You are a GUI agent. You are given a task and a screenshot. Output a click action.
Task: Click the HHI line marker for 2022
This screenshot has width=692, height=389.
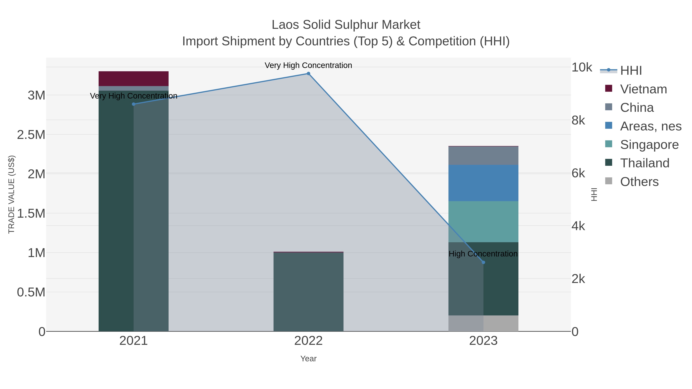coord(308,74)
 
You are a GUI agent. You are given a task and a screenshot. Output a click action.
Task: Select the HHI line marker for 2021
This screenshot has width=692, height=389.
coord(134,104)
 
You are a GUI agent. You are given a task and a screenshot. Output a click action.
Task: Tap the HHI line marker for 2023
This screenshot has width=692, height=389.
coord(483,262)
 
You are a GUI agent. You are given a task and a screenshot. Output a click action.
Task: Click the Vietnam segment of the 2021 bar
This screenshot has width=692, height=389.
coord(134,79)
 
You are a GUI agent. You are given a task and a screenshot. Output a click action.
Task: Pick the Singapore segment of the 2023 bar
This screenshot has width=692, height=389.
coord(483,221)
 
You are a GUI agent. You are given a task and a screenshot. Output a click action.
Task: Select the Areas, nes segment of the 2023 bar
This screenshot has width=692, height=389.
coord(483,183)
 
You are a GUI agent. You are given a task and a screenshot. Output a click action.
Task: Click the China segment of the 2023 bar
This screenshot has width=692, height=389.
coord(483,156)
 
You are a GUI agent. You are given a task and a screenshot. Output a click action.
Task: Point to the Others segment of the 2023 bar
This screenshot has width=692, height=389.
coord(483,323)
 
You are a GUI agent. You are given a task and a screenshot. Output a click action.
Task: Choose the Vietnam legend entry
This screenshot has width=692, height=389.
coord(643,89)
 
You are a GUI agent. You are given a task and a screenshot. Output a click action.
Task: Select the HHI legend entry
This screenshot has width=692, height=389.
coord(631,71)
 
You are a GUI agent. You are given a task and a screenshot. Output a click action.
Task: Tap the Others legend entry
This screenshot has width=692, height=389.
coord(639,182)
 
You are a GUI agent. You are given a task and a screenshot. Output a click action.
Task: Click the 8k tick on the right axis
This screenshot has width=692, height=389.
coord(578,120)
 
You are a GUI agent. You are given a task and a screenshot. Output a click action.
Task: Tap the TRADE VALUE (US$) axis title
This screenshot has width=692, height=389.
coord(11,194)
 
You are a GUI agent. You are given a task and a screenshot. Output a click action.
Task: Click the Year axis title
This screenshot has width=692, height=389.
coord(308,359)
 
